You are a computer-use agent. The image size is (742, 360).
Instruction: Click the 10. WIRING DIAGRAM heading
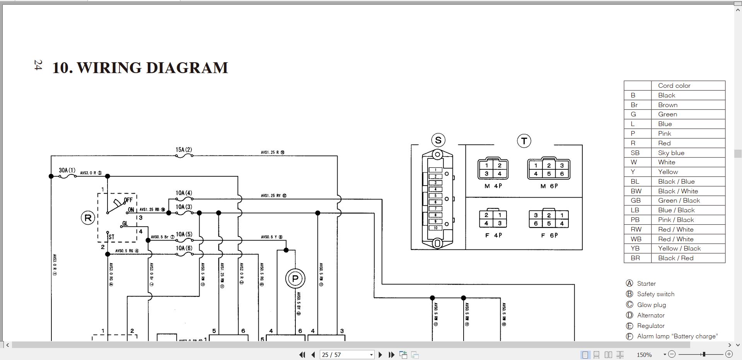pos(140,68)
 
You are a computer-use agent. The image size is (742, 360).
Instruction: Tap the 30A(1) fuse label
pos(67,170)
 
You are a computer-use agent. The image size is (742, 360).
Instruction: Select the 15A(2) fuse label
pos(184,150)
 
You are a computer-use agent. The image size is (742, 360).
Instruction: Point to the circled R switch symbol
pos(88,218)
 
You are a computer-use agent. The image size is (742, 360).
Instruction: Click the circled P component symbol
pos(295,278)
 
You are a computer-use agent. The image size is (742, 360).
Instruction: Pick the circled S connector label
pos(438,140)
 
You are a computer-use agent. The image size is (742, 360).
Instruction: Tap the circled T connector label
pos(524,141)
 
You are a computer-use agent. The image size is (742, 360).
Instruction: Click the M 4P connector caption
pos(493,186)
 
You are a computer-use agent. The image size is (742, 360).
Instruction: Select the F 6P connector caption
pos(549,235)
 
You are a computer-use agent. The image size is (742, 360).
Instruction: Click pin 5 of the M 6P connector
pos(549,174)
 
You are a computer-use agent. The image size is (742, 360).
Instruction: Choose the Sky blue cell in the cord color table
pos(671,153)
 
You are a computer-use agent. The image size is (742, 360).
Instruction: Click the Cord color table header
pos(674,85)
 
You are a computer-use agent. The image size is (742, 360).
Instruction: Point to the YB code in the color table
pos(635,248)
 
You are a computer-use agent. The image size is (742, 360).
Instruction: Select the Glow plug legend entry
pos(652,305)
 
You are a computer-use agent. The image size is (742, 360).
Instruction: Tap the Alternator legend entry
pos(651,315)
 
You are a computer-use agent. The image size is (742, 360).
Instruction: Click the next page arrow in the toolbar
pos(380,355)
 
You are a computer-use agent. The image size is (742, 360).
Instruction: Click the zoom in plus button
pos(729,354)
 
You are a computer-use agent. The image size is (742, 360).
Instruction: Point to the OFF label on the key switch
pos(128,200)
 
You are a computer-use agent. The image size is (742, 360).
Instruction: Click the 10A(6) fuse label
pos(184,248)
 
